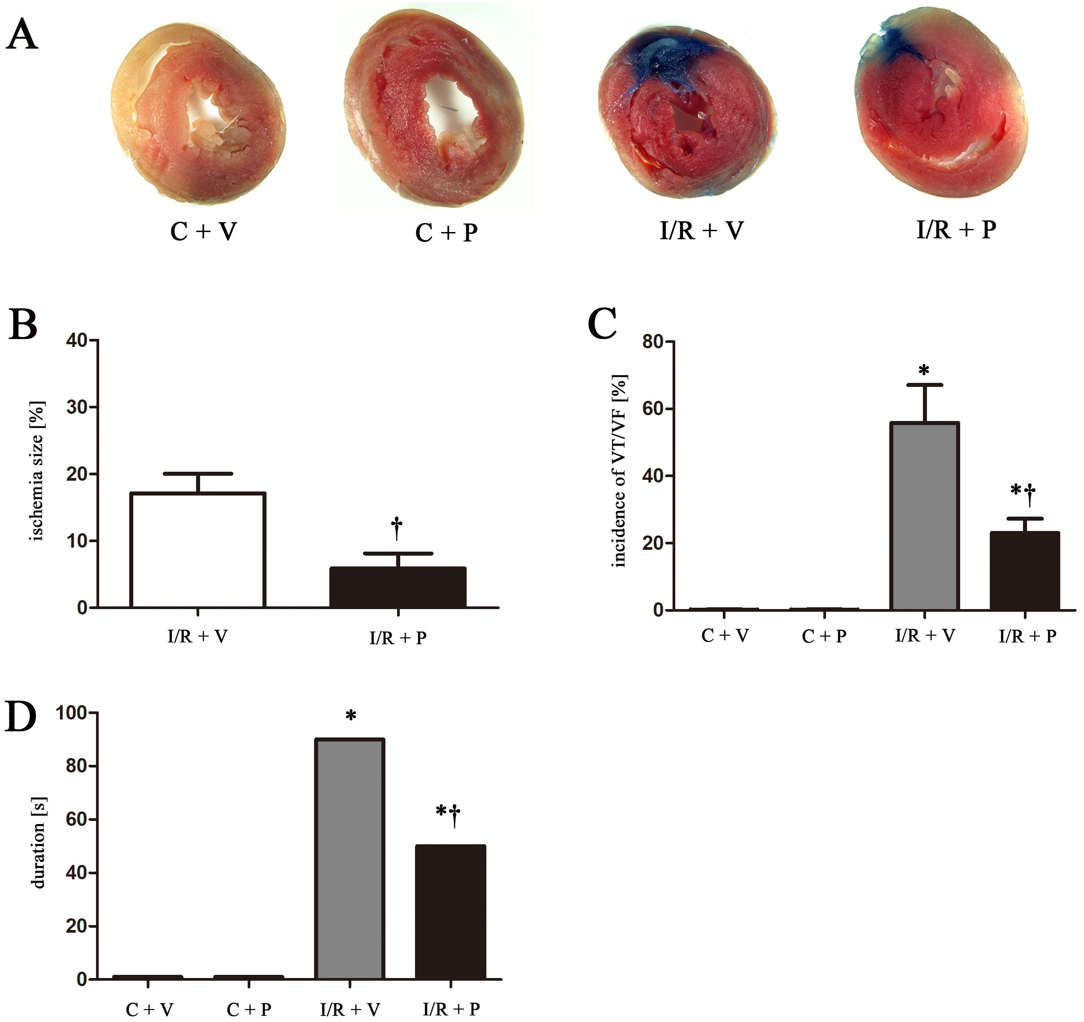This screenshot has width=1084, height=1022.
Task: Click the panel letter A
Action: click(x=22, y=35)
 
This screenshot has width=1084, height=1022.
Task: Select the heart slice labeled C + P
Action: click(x=435, y=109)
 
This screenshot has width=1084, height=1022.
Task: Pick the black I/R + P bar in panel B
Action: click(x=398, y=588)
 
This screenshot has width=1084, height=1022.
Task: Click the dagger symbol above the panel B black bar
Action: click(x=397, y=528)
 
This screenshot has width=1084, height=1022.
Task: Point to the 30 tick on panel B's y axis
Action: click(x=78, y=408)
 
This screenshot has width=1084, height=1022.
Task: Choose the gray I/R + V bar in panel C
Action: click(x=925, y=516)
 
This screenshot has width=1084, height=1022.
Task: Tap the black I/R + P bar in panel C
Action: click(x=1025, y=571)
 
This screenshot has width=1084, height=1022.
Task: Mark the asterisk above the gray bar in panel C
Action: click(x=924, y=371)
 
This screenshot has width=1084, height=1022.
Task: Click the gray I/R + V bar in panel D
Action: click(x=350, y=859)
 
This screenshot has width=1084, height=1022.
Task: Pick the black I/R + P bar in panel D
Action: click(x=450, y=912)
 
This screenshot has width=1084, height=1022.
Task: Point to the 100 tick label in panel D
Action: click(x=73, y=713)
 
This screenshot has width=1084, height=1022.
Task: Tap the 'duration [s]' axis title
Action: click(x=38, y=842)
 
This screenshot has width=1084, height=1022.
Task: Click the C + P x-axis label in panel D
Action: click(x=249, y=1009)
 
